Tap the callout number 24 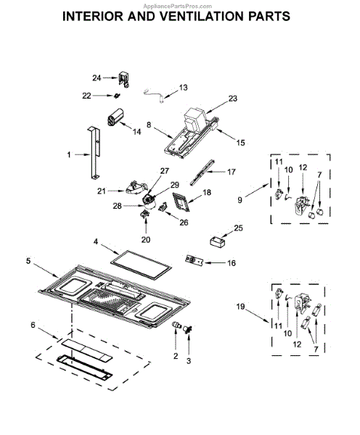(97, 78)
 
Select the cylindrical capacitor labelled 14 (115, 117)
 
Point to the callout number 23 (233, 98)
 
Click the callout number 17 (231, 172)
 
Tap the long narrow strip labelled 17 (202, 172)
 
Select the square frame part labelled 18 (181, 202)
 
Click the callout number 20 (146, 239)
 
